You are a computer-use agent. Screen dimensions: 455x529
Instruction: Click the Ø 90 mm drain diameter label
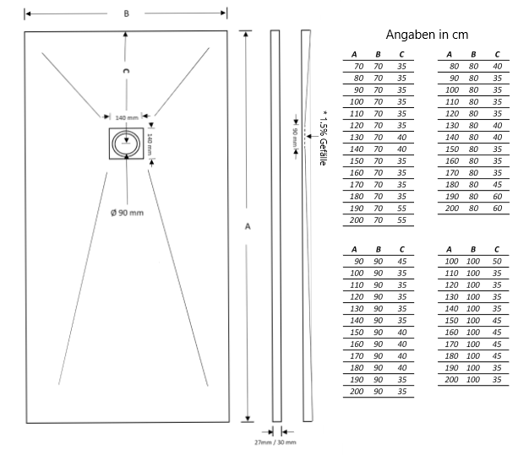click(127, 212)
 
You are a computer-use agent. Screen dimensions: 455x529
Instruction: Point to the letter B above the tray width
click(126, 14)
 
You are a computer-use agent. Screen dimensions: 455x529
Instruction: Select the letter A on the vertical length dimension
click(248, 226)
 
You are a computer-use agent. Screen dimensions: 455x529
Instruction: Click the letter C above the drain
click(126, 74)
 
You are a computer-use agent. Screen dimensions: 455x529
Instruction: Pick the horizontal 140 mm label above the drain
click(127, 117)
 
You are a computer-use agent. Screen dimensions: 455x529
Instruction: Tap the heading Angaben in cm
click(427, 35)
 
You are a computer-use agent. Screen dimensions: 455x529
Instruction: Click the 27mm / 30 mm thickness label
click(276, 441)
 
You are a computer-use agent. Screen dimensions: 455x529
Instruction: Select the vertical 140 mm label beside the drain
click(150, 143)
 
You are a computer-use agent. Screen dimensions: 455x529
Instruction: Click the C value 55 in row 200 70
click(401, 219)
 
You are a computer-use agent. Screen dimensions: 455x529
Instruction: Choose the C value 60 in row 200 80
click(497, 208)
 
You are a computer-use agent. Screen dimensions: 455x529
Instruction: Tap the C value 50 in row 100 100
click(497, 262)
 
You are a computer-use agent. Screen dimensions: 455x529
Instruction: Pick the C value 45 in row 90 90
click(401, 262)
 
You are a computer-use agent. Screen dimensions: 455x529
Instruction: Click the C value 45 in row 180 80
click(497, 184)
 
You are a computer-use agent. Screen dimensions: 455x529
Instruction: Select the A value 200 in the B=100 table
click(450, 380)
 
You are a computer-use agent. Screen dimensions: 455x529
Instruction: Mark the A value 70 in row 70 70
click(358, 66)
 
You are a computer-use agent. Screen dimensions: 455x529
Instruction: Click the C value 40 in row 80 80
click(497, 66)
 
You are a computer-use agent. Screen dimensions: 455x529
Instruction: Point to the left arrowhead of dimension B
click(28, 14)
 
